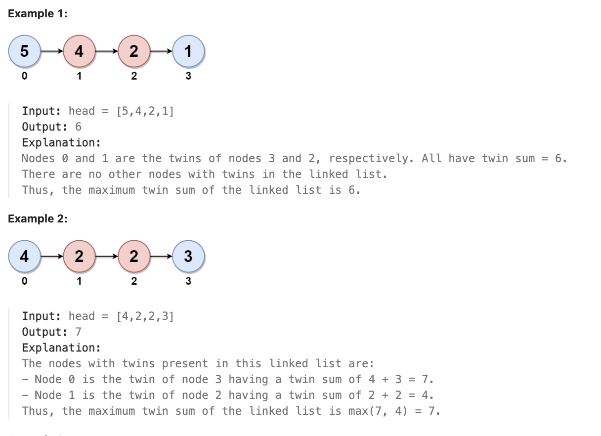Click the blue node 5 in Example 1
click(24, 51)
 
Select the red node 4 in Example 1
click(79, 51)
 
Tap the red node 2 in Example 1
click(133, 51)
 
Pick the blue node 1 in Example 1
click(188, 51)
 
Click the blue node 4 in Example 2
click(24, 256)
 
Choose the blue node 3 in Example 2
click(188, 256)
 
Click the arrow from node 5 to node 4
click(51, 51)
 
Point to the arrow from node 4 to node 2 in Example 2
click(51, 256)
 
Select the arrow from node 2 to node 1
click(161, 51)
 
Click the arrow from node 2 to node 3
click(161, 256)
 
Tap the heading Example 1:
click(38, 13)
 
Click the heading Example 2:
click(38, 218)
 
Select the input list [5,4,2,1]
click(145, 111)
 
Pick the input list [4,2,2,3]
click(145, 316)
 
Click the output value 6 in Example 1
click(78, 127)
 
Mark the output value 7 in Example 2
click(78, 332)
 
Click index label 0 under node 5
click(24, 76)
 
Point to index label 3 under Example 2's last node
click(188, 281)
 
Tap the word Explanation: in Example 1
click(61, 142)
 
